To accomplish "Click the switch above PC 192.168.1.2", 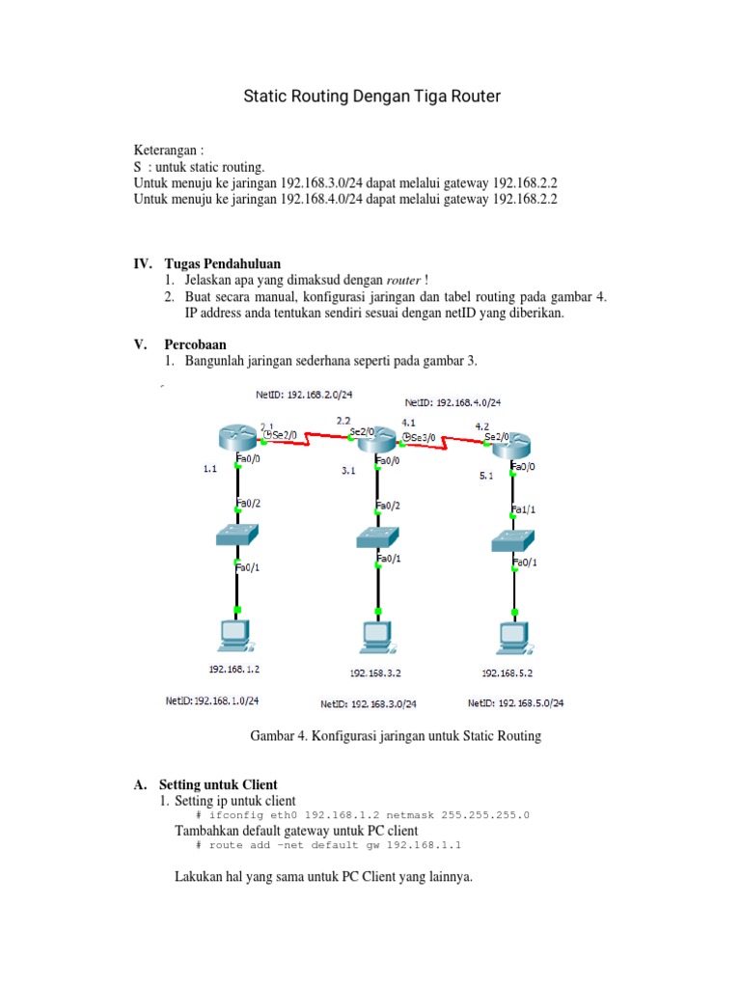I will point(237,536).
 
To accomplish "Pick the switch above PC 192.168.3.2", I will point(377,537).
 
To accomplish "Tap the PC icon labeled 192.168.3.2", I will point(377,637).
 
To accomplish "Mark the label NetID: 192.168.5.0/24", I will point(515,703).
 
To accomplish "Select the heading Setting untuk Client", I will point(218,785).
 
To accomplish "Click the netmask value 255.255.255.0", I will point(485,815).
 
